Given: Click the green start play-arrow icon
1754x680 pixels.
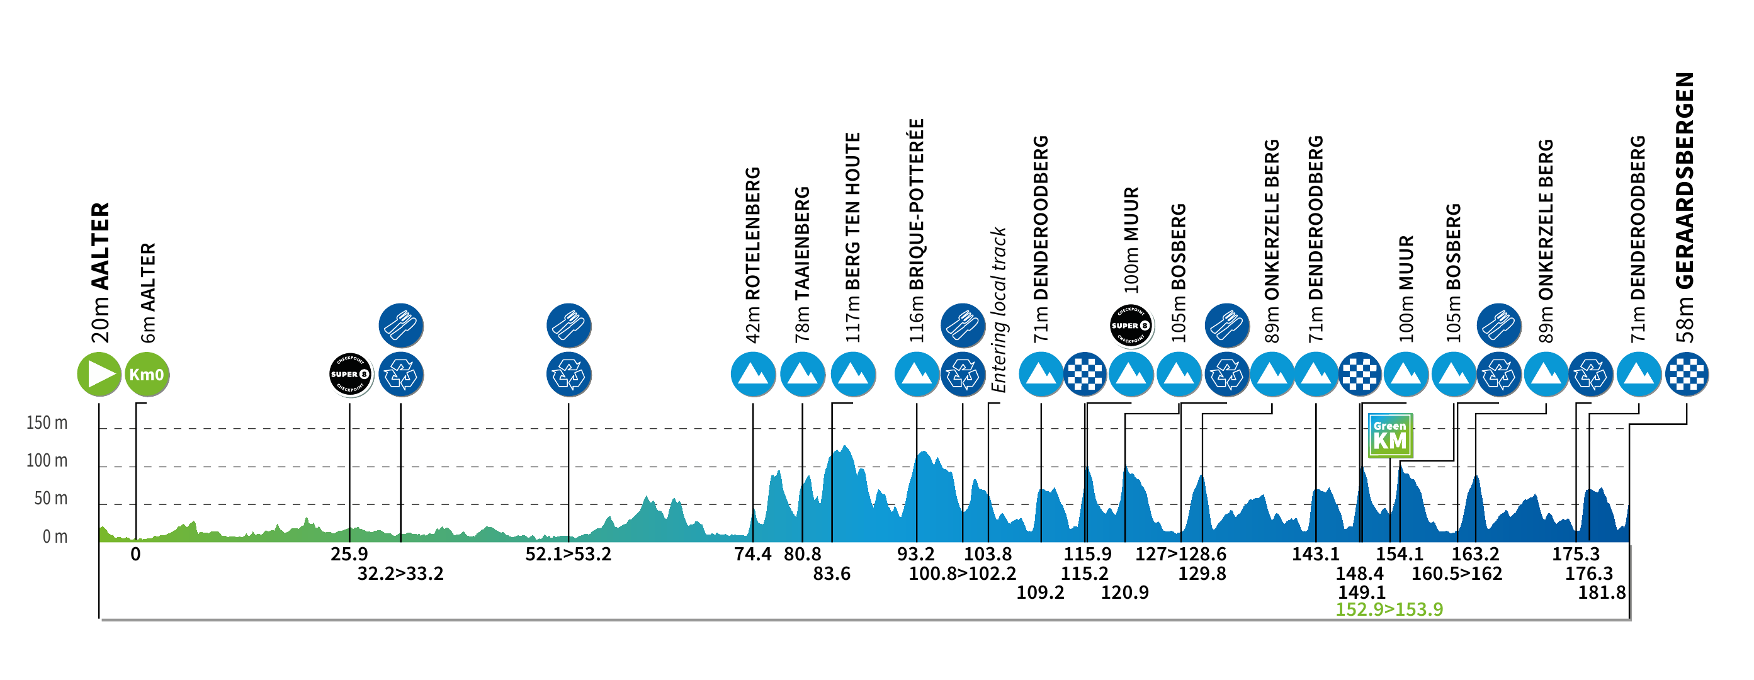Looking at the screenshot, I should point(99,375).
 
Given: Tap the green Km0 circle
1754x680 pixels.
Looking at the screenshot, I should point(147,375).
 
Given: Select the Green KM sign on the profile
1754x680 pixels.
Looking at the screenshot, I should point(1389,436).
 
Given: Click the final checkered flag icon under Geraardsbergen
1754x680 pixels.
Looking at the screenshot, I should point(1687,375).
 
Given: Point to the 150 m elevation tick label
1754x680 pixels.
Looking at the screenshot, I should point(47,422).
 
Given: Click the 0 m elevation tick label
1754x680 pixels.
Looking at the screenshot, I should point(55,537).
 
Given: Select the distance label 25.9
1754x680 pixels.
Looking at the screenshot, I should point(349,555).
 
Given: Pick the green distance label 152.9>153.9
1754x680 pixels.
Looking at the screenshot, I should point(1389,609).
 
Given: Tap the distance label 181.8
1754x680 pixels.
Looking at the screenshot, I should point(1602,593).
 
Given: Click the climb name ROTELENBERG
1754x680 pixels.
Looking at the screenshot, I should point(753,233).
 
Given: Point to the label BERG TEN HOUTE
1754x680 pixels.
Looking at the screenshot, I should point(853,212).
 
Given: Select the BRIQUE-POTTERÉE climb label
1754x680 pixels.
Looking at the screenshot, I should point(917,204).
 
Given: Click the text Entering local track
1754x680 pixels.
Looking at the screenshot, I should point(999,310).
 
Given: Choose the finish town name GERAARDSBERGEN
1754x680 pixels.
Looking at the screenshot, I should point(1685,180).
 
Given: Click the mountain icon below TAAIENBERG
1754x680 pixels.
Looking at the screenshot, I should point(802,375).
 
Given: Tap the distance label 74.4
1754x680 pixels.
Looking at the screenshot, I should point(752,555).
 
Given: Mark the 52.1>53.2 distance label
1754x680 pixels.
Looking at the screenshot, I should point(568,555).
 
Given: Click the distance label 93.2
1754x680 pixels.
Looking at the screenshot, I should point(916,555).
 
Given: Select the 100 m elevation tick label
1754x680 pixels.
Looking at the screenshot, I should point(47,461).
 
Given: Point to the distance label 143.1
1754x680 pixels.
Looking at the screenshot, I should point(1316,555).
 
